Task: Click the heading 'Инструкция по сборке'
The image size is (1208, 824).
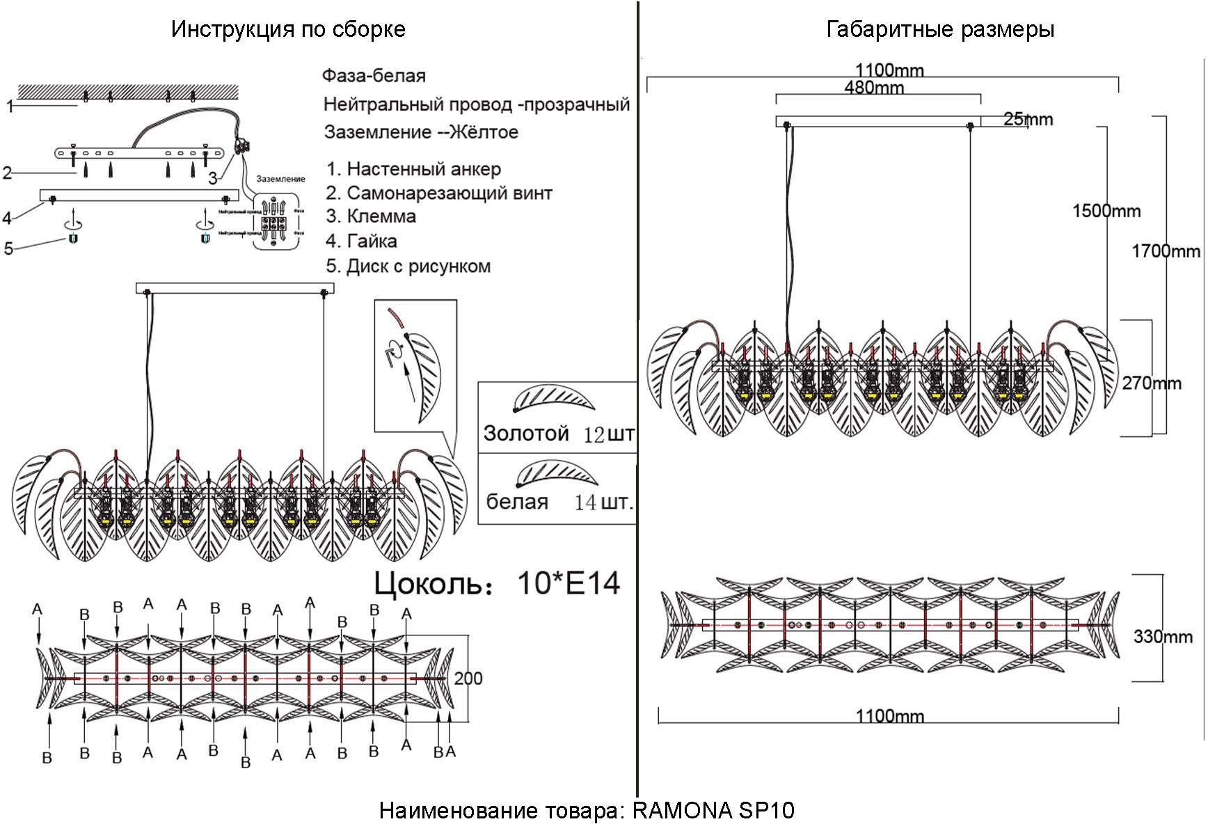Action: point(288,29)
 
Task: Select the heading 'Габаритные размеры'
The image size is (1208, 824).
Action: point(939,29)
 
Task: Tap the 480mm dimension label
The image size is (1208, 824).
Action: point(873,88)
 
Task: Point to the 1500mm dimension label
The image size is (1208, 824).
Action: point(1106,211)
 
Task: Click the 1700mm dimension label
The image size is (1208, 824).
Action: point(1166,251)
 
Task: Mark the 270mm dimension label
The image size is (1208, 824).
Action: point(1151,383)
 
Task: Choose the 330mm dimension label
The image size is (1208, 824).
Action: point(1163,636)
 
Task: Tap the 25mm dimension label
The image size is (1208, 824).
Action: point(1028,120)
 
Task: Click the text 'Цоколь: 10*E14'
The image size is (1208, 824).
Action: point(497,583)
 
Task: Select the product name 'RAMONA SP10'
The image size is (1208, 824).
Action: point(713,810)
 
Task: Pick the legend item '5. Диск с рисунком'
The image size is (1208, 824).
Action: point(408,267)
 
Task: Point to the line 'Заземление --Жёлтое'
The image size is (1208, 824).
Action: point(421,132)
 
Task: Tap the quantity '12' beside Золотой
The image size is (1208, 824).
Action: point(594,435)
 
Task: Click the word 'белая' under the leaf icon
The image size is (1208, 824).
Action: point(516,502)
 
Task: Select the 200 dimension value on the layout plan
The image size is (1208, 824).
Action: point(468,678)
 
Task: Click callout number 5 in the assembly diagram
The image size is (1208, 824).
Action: point(8,248)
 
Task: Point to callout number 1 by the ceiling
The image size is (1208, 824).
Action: point(10,106)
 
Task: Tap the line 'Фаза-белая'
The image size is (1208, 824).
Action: point(374,76)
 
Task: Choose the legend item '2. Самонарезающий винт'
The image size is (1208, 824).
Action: point(439,193)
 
